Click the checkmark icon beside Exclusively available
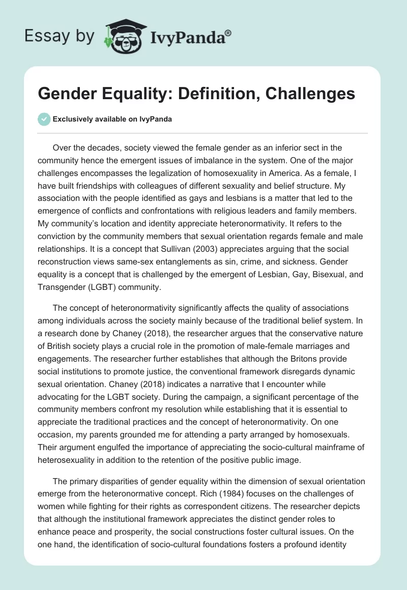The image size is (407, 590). click(x=44, y=119)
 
